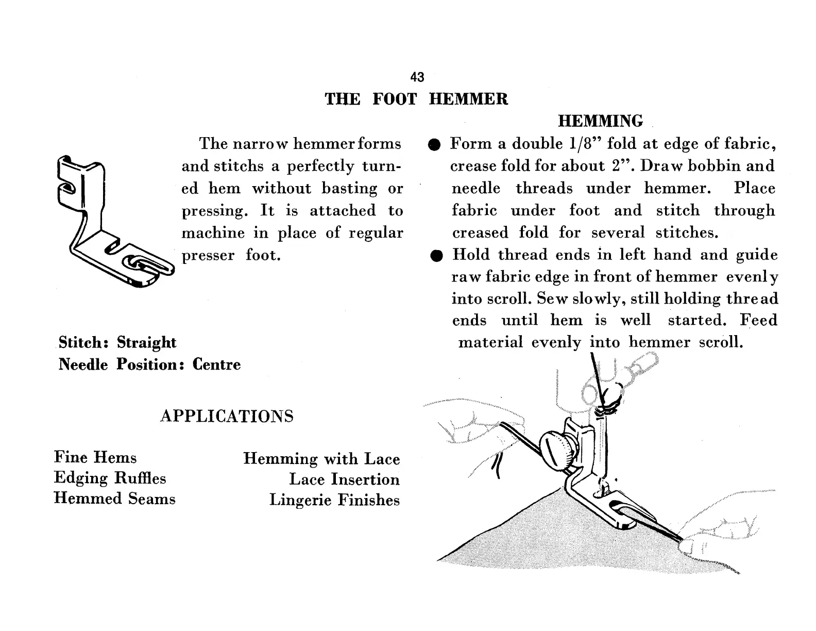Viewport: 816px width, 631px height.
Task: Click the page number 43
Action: tap(417, 77)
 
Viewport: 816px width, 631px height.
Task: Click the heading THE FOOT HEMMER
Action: tap(416, 99)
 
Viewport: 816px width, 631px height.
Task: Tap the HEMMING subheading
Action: tap(601, 121)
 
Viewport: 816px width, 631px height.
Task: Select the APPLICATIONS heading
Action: tap(227, 416)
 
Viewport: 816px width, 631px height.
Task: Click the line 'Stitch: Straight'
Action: tap(117, 342)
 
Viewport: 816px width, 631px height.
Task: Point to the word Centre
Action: tap(216, 364)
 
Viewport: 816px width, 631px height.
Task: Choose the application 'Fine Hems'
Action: tap(95, 457)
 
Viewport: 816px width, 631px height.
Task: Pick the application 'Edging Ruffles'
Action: tap(110, 478)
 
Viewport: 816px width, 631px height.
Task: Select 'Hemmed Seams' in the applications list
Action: tap(114, 499)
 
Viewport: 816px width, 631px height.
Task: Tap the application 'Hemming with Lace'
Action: tap(321, 459)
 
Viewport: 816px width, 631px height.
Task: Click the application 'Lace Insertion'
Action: tap(344, 479)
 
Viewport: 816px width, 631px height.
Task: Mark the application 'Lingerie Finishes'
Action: tap(334, 500)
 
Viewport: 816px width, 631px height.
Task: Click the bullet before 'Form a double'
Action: tap(435, 145)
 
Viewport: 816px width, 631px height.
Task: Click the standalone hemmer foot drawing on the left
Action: tap(113, 222)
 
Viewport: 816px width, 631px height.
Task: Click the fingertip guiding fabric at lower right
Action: tap(688, 545)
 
